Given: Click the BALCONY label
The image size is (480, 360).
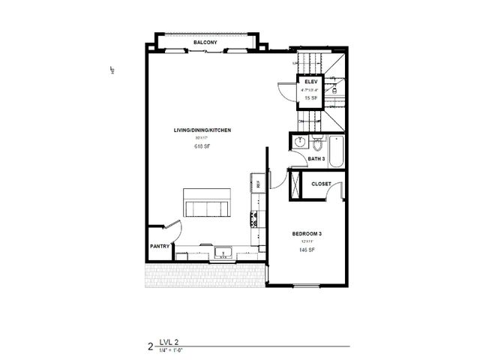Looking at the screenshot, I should (x=205, y=43).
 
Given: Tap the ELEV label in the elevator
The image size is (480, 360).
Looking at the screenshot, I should (x=311, y=82).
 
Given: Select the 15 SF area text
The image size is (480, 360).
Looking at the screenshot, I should (x=311, y=97).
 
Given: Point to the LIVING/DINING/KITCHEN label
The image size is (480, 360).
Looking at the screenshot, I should (x=202, y=130).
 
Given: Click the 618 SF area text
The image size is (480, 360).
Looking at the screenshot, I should (x=201, y=148).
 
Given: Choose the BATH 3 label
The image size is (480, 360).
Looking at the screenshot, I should (x=316, y=159).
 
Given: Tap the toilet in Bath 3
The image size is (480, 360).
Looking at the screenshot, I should (x=317, y=142).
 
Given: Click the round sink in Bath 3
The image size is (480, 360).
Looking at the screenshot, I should (x=299, y=142).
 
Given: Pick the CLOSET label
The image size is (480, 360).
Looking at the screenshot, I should (x=322, y=183).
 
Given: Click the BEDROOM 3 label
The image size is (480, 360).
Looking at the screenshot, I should (x=307, y=234).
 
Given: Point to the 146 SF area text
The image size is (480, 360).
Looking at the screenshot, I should (x=307, y=251).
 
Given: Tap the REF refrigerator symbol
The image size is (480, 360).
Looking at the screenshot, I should (x=256, y=183).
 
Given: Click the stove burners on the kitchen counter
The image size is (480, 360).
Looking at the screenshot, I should (x=256, y=220).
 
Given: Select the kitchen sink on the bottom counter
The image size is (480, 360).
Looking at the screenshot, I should (x=223, y=253).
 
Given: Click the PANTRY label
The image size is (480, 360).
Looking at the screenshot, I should (x=159, y=245).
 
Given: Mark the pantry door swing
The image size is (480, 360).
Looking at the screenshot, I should (x=173, y=228).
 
